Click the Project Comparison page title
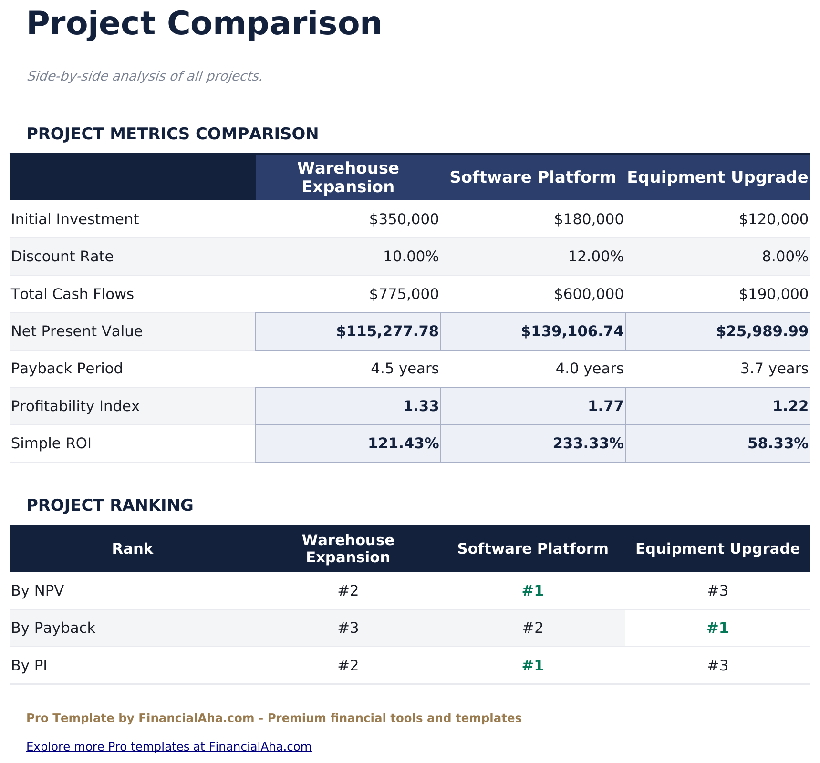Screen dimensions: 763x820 click(204, 24)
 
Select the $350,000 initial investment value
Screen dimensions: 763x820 click(404, 219)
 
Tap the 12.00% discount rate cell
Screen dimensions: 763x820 click(595, 257)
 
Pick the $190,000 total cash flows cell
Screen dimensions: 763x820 click(773, 294)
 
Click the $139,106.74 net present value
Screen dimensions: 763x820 click(571, 331)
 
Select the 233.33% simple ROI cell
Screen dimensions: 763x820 click(588, 444)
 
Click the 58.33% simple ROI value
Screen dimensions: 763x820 click(778, 444)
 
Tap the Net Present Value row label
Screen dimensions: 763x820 click(77, 331)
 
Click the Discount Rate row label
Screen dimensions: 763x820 click(62, 257)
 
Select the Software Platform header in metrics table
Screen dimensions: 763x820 click(533, 177)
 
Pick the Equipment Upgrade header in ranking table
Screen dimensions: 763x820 click(717, 548)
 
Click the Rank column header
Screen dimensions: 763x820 click(133, 548)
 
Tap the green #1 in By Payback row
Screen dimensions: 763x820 click(717, 628)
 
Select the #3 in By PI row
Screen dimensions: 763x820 click(717, 665)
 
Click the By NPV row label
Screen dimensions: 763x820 click(38, 591)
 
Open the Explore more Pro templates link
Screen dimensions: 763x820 click(169, 746)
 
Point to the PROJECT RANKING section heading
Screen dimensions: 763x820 click(110, 505)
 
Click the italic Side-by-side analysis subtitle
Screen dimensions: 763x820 click(145, 76)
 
